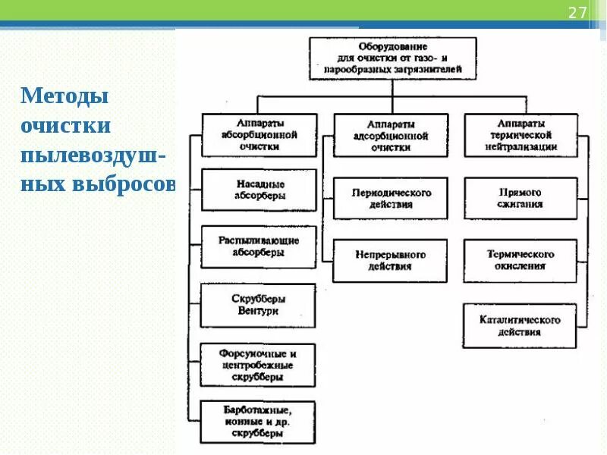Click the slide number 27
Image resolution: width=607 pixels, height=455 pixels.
(577, 13)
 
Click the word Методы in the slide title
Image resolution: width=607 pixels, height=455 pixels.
(65, 96)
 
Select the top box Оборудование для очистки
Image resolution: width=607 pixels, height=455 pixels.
(392, 58)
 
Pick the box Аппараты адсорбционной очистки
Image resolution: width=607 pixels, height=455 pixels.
(391, 135)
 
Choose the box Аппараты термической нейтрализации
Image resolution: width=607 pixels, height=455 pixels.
(521, 134)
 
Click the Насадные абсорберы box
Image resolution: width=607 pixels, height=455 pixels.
(259, 190)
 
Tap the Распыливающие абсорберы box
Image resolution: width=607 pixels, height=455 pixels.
(259, 246)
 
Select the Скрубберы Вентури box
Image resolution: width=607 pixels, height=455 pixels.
(258, 305)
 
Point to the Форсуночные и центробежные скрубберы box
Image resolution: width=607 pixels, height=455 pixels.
(258, 365)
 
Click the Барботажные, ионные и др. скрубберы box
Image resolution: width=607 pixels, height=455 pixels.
(258, 422)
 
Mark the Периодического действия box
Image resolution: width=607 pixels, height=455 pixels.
(391, 198)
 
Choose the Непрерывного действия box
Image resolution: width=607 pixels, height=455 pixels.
(391, 260)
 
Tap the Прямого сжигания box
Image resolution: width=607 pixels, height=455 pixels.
(521, 198)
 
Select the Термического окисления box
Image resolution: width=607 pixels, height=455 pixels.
(521, 260)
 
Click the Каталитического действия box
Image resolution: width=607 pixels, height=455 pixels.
(521, 325)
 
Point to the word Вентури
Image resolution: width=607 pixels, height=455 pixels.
(258, 311)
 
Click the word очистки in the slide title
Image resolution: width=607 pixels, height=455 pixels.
(67, 126)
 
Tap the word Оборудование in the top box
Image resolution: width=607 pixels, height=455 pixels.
(392, 46)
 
